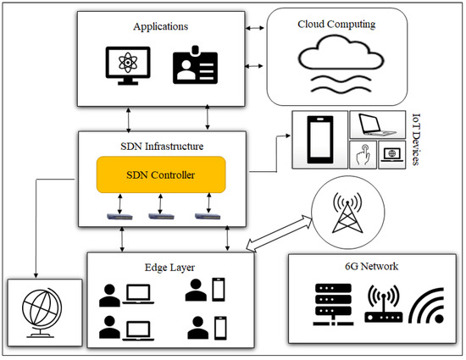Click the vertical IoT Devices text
pos(414,139)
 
